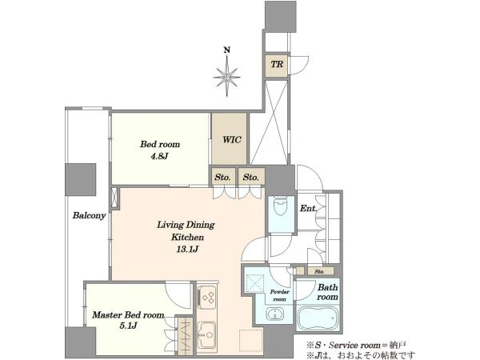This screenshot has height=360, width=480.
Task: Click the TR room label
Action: pos(277,65)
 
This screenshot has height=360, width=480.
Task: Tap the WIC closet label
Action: pos(232,140)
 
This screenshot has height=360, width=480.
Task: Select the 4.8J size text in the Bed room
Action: pos(159,157)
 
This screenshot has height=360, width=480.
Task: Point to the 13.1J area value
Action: pos(186,250)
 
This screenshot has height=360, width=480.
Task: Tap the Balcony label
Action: pos(89,215)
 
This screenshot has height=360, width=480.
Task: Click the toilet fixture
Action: pos(280,206)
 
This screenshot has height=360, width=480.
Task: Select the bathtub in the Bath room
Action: pos(318,318)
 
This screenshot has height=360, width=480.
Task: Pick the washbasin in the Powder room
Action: pos(274,314)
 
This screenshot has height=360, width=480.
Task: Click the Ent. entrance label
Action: pos(308,209)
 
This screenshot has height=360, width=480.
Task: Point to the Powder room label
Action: pos(279,295)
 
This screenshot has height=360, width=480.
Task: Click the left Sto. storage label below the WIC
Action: pos(222,178)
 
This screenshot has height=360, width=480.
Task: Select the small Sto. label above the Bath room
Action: pos(319,271)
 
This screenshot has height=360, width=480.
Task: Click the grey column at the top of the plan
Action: pos(281,16)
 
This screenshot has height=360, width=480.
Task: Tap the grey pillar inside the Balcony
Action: pos(80,180)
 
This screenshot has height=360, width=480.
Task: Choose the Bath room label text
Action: pos(327,292)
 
